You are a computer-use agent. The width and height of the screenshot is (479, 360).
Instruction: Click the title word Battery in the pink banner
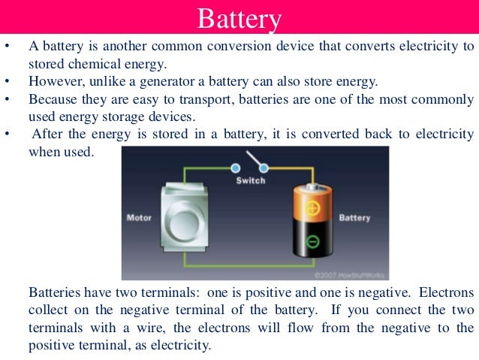coord(239,17)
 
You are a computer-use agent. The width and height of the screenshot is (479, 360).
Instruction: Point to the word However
coord(53,81)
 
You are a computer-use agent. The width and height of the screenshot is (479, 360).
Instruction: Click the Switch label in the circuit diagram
coord(250,181)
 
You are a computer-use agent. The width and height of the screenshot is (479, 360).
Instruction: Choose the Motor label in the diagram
coord(138,218)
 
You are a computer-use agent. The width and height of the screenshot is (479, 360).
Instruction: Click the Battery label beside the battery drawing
coord(354,218)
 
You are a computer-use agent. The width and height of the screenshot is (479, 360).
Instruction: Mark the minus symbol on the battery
coord(312,242)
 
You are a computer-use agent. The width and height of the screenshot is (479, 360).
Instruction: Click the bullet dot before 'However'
coord(7,81)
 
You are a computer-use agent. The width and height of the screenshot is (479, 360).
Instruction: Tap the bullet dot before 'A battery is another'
coord(7,46)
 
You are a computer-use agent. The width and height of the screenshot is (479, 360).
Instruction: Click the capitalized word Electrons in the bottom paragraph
coord(448,292)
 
